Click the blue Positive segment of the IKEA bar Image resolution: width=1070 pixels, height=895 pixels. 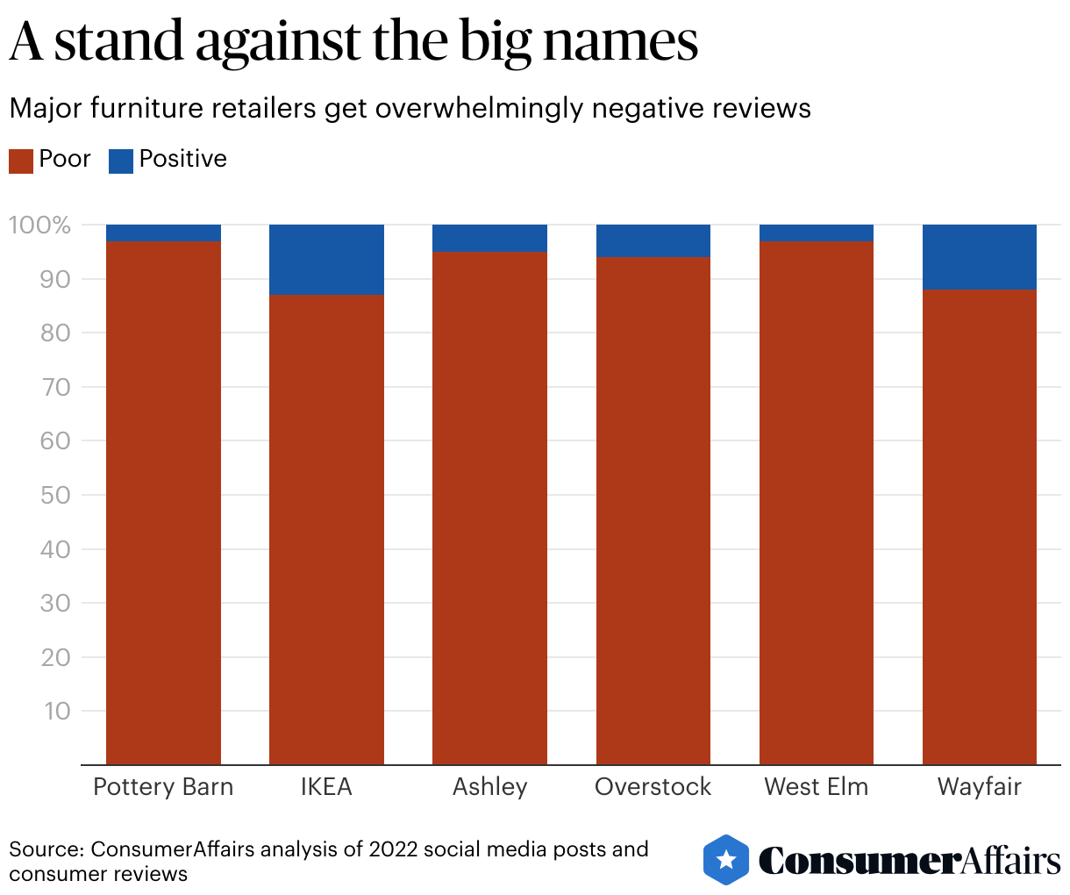(326, 259)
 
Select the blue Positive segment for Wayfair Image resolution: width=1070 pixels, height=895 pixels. (980, 256)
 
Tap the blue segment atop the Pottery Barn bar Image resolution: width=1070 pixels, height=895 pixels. (163, 233)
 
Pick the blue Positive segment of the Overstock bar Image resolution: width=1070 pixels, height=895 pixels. (653, 241)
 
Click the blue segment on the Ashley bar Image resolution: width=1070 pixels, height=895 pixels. (490, 239)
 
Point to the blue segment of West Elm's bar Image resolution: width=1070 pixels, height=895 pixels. (817, 233)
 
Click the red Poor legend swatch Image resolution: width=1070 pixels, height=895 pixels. (21, 161)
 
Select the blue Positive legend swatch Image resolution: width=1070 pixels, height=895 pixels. (121, 161)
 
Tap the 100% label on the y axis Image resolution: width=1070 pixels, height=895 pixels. (39, 226)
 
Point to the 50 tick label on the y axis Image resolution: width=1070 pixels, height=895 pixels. (55, 495)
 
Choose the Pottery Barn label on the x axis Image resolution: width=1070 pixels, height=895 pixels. (163, 786)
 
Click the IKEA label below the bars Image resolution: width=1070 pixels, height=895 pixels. (326, 786)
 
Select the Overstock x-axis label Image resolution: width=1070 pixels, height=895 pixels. (653, 786)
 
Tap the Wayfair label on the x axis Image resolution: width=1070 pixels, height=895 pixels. (980, 786)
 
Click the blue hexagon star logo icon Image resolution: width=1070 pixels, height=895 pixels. (726, 859)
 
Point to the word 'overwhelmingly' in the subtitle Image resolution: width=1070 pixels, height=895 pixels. (480, 109)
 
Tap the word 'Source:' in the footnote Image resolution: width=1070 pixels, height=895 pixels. (46, 849)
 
